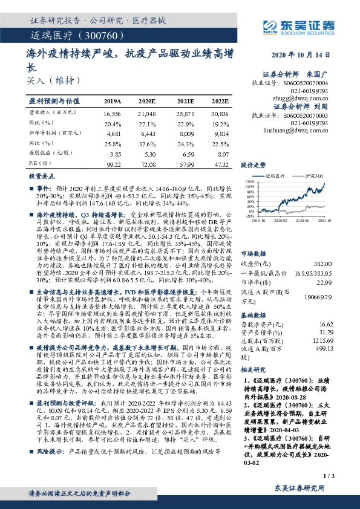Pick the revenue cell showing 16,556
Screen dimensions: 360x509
point(113,113)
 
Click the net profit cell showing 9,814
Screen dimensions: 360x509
point(220,133)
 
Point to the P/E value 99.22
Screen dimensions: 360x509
point(113,164)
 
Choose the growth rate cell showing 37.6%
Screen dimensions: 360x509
point(148,143)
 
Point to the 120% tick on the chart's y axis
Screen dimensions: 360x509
point(247,181)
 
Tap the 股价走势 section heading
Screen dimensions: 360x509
point(254,164)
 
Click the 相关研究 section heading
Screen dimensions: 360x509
point(254,369)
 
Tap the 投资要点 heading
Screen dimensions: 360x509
point(42,175)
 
